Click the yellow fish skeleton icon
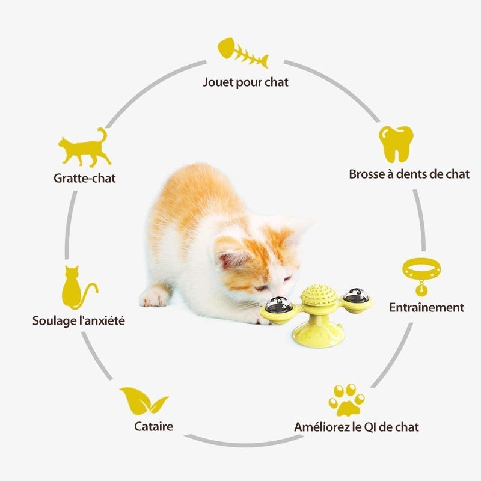point(243,53)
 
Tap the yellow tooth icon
point(396,144)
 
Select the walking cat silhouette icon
point(84,147)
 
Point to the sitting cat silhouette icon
point(79,287)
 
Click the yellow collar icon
point(421,276)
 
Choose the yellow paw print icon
point(347,400)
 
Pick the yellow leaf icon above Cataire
point(144,401)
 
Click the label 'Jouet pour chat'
point(245,82)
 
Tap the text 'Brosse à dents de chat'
point(409,174)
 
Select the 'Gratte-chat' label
point(85,178)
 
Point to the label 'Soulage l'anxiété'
point(79,321)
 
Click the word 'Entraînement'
point(427,307)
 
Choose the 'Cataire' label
point(153,426)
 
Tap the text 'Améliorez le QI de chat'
point(357,427)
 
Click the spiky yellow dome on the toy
point(319,295)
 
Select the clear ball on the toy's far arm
point(356,295)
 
